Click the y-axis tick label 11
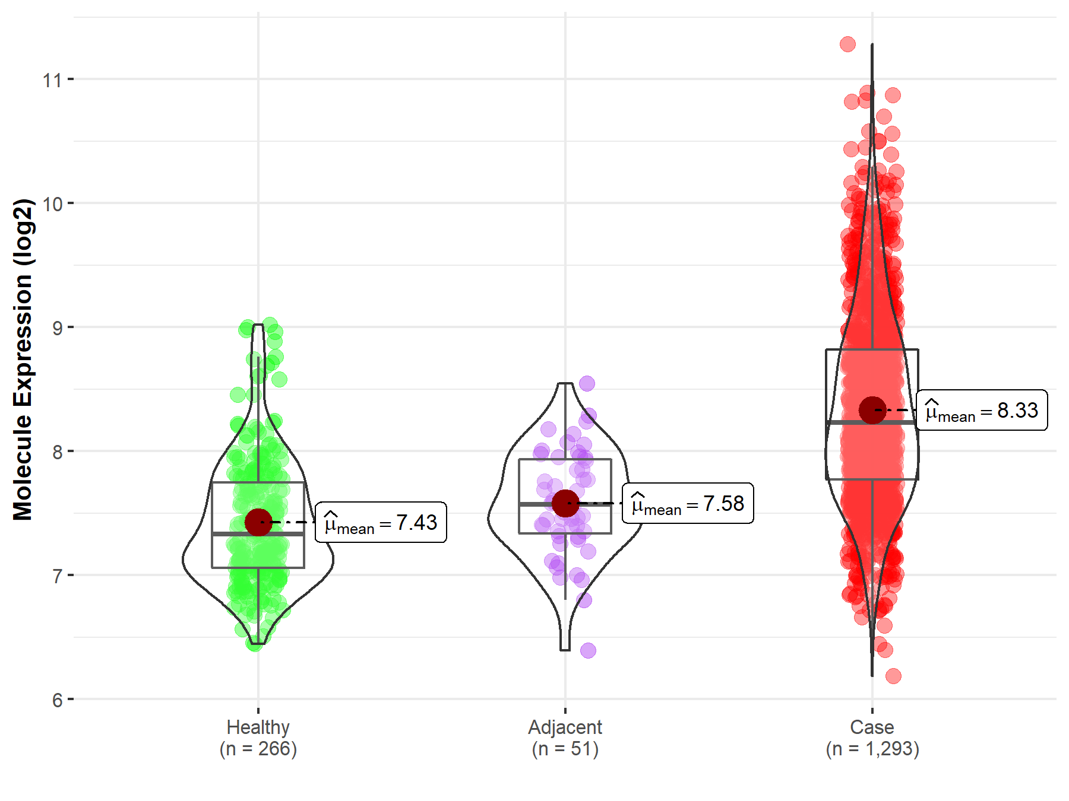pyautogui.click(x=52, y=80)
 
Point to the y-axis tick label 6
pyautogui.click(x=57, y=700)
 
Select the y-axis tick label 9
pyautogui.click(x=57, y=328)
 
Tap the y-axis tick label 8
pyautogui.click(x=57, y=452)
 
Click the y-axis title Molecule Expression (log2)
pyautogui.click(x=23, y=360)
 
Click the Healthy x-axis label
pyautogui.click(x=258, y=727)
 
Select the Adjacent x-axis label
pyautogui.click(x=565, y=727)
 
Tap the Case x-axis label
pyautogui.click(x=872, y=727)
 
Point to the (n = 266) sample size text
pyautogui.click(x=258, y=749)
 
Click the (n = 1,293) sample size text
pyautogui.click(x=872, y=749)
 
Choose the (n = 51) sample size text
pyautogui.click(x=565, y=749)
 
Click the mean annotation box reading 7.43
pyautogui.click(x=381, y=523)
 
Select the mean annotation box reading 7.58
pyautogui.click(x=688, y=504)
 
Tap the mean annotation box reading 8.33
pyautogui.click(x=982, y=411)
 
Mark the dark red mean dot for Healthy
pyautogui.click(x=258, y=522)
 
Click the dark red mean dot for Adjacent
pyautogui.click(x=565, y=503)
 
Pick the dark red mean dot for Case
pyautogui.click(x=872, y=410)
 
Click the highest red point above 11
pyautogui.click(x=847, y=44)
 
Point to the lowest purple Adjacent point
pyautogui.click(x=588, y=650)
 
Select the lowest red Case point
pyautogui.click(x=893, y=676)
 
